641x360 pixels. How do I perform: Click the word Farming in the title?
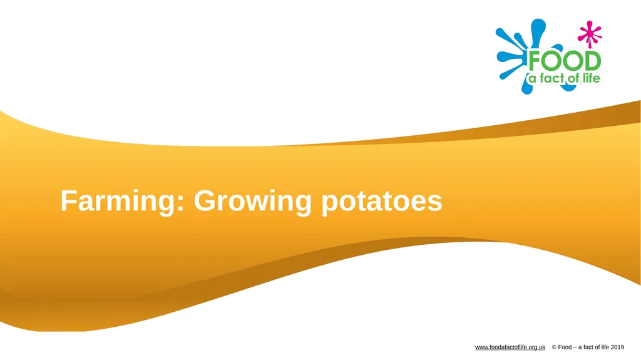(x=119, y=202)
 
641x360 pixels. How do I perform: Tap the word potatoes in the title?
(x=382, y=202)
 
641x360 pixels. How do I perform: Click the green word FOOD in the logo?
(x=565, y=61)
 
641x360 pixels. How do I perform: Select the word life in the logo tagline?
(x=590, y=78)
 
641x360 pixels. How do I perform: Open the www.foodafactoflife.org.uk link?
(x=510, y=347)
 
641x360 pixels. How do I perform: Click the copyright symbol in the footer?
(x=554, y=347)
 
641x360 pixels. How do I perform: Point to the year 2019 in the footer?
(x=617, y=347)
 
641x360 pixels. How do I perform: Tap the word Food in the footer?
(x=565, y=347)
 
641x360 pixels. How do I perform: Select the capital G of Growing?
(x=205, y=200)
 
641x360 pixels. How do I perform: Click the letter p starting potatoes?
(x=329, y=205)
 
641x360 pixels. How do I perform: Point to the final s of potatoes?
(x=435, y=203)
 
